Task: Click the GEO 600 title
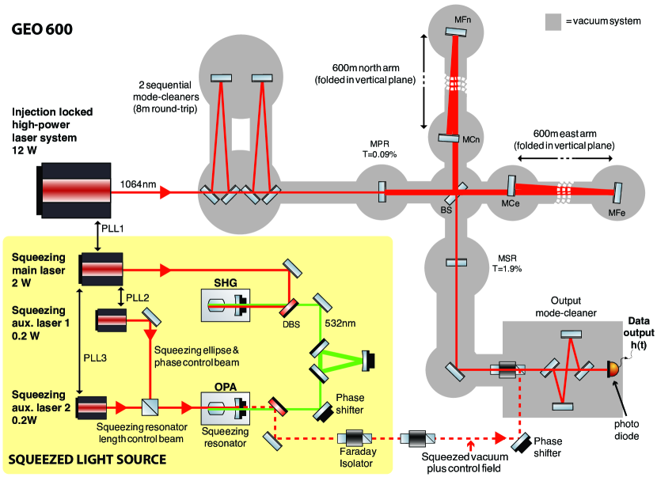(42, 29)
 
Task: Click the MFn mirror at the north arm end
(456, 32)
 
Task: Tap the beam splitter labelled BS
(456, 193)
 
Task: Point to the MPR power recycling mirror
(382, 191)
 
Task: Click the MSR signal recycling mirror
(456, 263)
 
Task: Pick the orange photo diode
(613, 369)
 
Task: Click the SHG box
(226, 305)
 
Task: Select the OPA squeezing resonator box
(226, 408)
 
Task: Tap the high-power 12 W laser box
(74, 190)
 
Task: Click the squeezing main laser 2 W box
(101, 269)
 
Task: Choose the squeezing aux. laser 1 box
(111, 321)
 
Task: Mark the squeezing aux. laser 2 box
(91, 407)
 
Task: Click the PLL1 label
(112, 229)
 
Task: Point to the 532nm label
(340, 324)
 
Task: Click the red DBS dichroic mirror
(289, 308)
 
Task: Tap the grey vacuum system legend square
(553, 22)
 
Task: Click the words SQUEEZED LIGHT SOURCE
(87, 460)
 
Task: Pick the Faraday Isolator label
(358, 457)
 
